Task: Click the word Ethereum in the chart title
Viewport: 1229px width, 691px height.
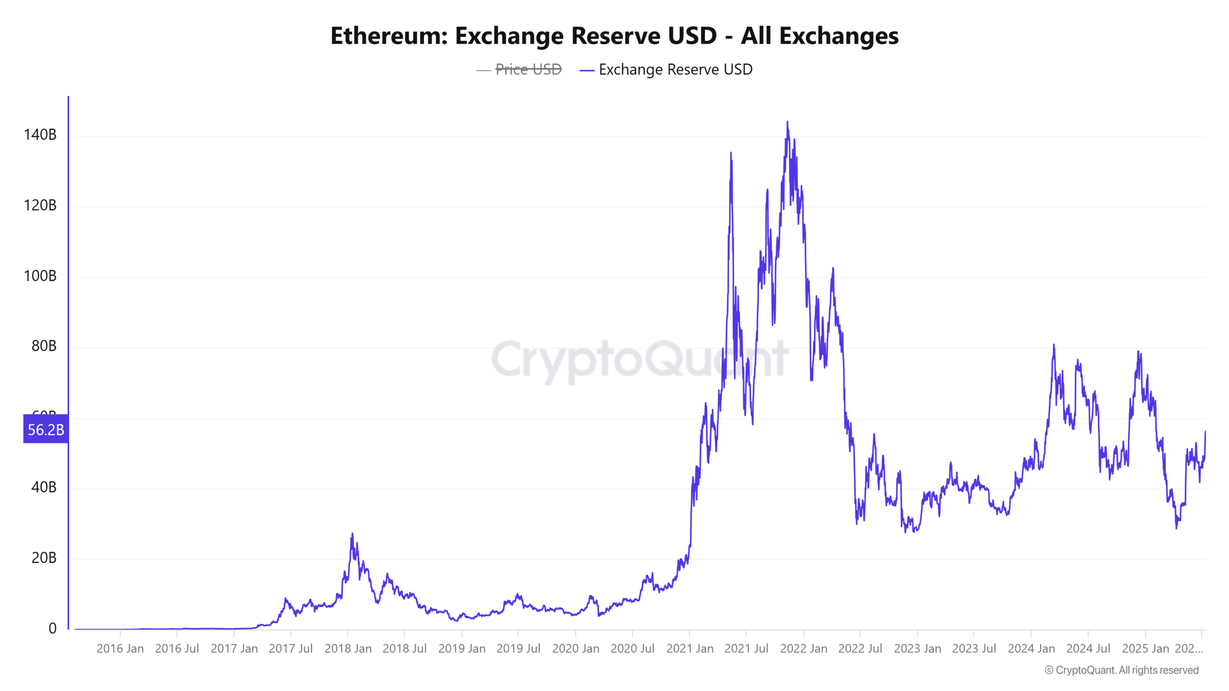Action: [x=388, y=36]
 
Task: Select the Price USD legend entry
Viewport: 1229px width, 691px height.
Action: [x=528, y=70]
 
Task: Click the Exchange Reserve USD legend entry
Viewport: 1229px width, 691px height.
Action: [x=675, y=70]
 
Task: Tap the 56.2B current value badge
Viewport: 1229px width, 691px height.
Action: [x=46, y=429]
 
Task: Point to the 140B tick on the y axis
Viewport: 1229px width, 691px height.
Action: [x=40, y=135]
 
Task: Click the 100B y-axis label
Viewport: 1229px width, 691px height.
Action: [x=40, y=276]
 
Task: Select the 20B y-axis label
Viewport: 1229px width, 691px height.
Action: [x=44, y=558]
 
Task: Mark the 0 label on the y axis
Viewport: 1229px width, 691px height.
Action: [x=52, y=628]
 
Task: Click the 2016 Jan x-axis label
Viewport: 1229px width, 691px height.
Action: [x=120, y=649]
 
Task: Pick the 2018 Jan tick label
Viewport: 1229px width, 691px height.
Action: [x=348, y=649]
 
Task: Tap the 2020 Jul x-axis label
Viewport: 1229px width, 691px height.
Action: [x=632, y=649]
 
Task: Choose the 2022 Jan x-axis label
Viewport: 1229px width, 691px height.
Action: [x=804, y=649]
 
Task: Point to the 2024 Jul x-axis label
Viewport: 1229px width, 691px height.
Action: [x=1088, y=649]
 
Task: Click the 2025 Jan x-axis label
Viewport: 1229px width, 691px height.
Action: [x=1145, y=649]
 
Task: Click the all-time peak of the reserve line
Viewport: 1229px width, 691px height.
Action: [x=787, y=122]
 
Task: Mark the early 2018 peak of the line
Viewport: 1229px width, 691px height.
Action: [x=352, y=534]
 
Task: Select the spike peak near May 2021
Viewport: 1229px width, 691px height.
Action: [x=731, y=153]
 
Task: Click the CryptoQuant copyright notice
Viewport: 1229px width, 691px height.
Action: [x=1121, y=670]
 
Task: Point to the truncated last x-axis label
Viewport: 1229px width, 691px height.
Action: [x=1189, y=649]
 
